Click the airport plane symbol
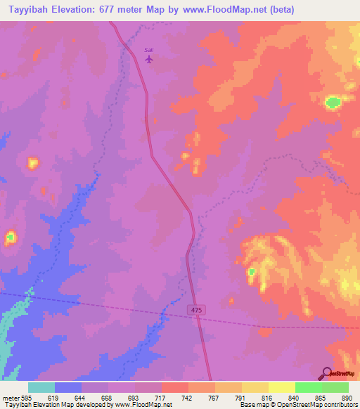coord(148,59)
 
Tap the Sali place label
coord(148,50)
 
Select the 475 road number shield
coord(196,309)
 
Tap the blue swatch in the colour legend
coord(67,387)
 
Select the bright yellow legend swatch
coord(281,387)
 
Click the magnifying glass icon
coord(327,372)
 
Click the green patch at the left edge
coord(10,238)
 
